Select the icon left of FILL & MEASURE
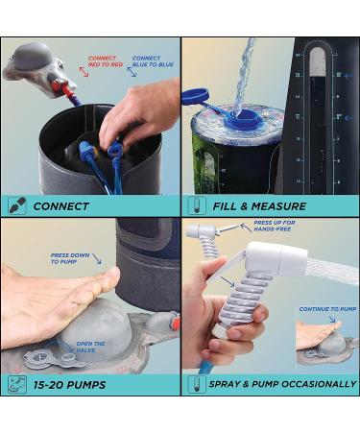pos(195,205)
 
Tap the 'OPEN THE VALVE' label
pos(91,347)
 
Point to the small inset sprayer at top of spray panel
pos(209,234)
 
